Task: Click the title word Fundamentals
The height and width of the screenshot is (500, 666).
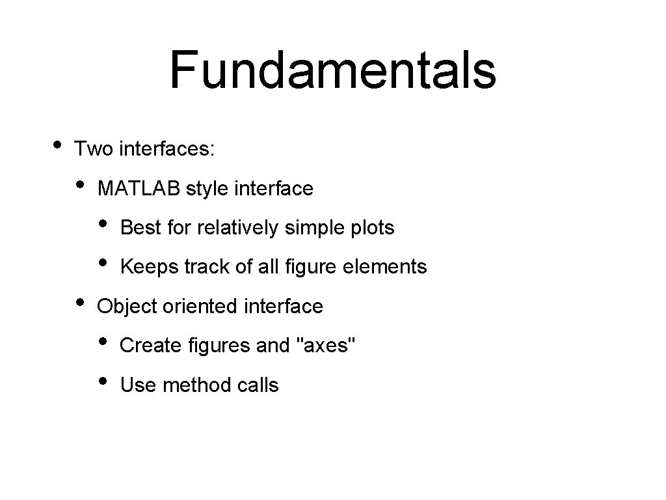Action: pyautogui.click(x=333, y=70)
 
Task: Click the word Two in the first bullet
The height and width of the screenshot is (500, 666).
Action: pyautogui.click(x=94, y=149)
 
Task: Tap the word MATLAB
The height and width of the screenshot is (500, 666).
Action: pyautogui.click(x=139, y=189)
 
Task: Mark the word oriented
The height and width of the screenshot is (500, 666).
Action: pyautogui.click(x=201, y=306)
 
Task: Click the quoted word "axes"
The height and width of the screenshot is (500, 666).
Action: pyautogui.click(x=326, y=346)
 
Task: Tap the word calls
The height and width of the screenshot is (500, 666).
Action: pyautogui.click(x=258, y=385)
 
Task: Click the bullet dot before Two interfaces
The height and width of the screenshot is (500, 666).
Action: pyautogui.click(x=58, y=144)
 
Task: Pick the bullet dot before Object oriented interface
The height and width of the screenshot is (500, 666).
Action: pyautogui.click(x=79, y=301)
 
